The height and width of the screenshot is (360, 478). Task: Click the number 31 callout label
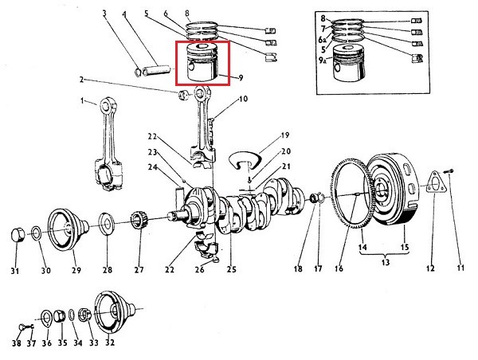click(14, 271)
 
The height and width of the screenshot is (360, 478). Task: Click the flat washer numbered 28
click(105, 223)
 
